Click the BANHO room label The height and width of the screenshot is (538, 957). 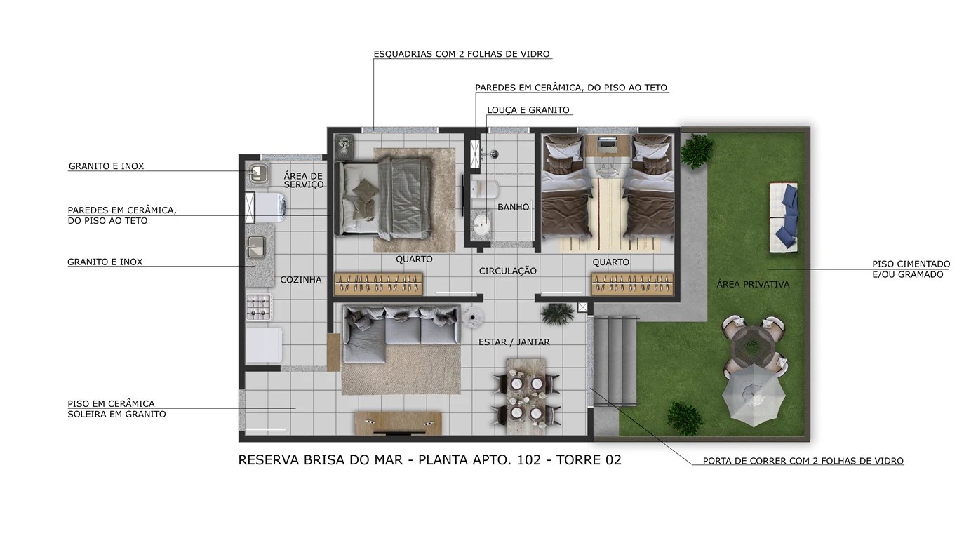tap(513, 207)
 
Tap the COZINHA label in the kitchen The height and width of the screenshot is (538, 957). tap(300, 280)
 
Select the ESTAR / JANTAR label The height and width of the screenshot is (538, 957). tap(514, 342)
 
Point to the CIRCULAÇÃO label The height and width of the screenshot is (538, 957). tap(507, 271)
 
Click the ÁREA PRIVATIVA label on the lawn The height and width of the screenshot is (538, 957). tap(753, 284)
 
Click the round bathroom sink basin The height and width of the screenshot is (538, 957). tap(481, 224)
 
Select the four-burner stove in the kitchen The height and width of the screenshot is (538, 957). tap(259, 307)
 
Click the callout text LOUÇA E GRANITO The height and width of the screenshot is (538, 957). tap(528, 110)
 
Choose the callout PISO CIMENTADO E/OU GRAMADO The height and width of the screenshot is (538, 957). tap(911, 269)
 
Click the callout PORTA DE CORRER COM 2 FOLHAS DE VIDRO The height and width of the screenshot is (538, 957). tap(803, 461)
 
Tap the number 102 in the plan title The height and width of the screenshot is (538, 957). tap(528, 460)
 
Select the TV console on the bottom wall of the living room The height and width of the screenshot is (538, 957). tap(398, 423)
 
